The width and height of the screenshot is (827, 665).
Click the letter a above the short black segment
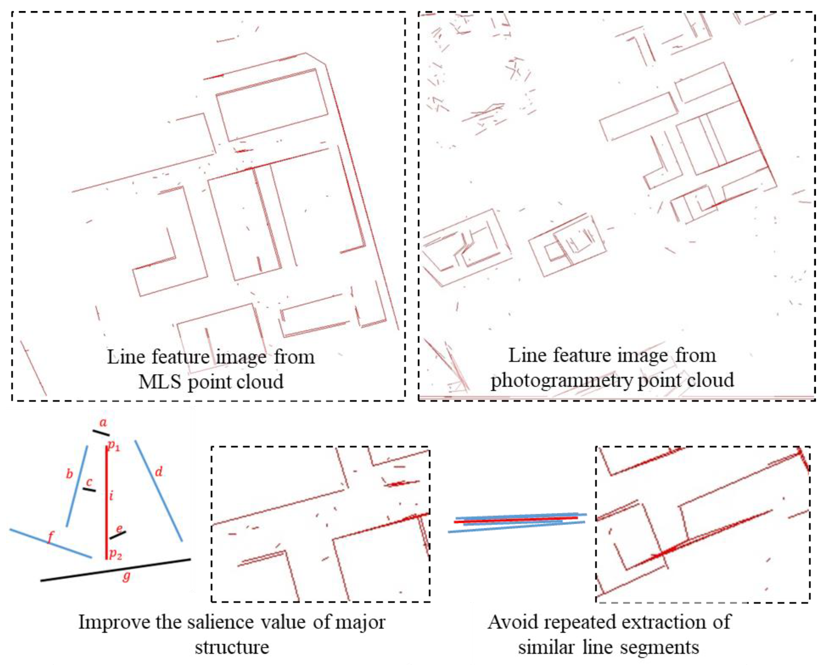[x=103, y=423]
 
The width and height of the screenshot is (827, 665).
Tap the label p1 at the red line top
[x=114, y=446]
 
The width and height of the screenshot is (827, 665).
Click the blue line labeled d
[x=158, y=491]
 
